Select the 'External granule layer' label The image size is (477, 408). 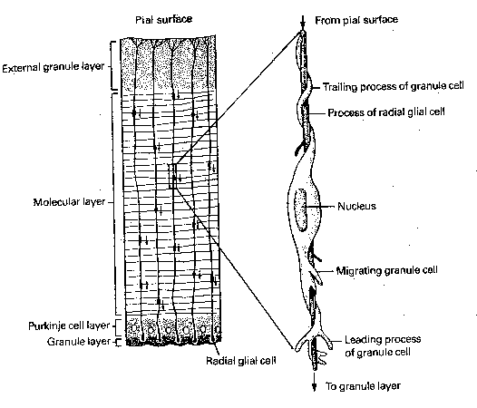click(53, 67)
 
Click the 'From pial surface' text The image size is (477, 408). click(355, 18)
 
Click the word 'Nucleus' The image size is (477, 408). click(356, 206)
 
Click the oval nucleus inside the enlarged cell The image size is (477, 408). click(302, 208)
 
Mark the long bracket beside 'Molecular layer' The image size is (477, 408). click(114, 201)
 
